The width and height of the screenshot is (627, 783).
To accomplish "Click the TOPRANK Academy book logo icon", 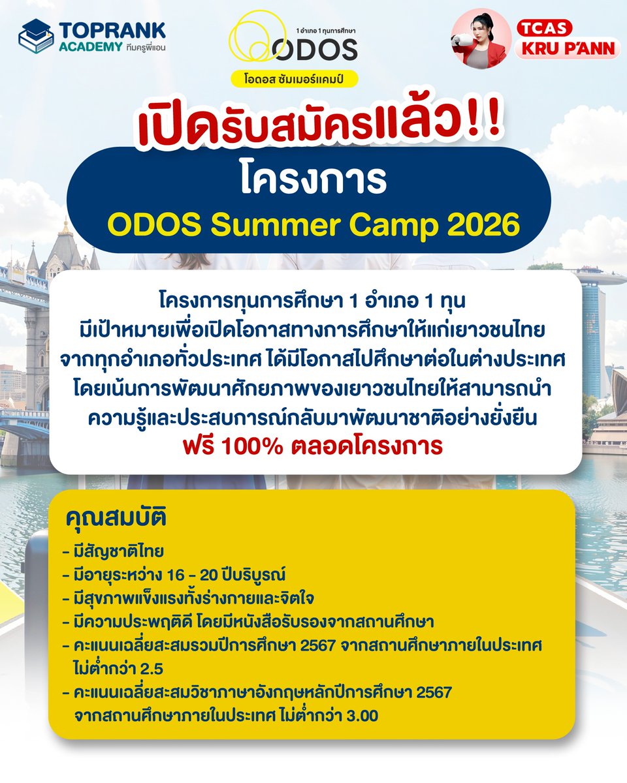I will (36, 36).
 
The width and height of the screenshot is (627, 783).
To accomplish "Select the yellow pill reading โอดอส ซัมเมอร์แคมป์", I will (295, 77).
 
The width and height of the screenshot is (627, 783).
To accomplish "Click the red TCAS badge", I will (545, 28).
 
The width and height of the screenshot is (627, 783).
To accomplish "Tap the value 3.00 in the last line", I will (360, 714).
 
